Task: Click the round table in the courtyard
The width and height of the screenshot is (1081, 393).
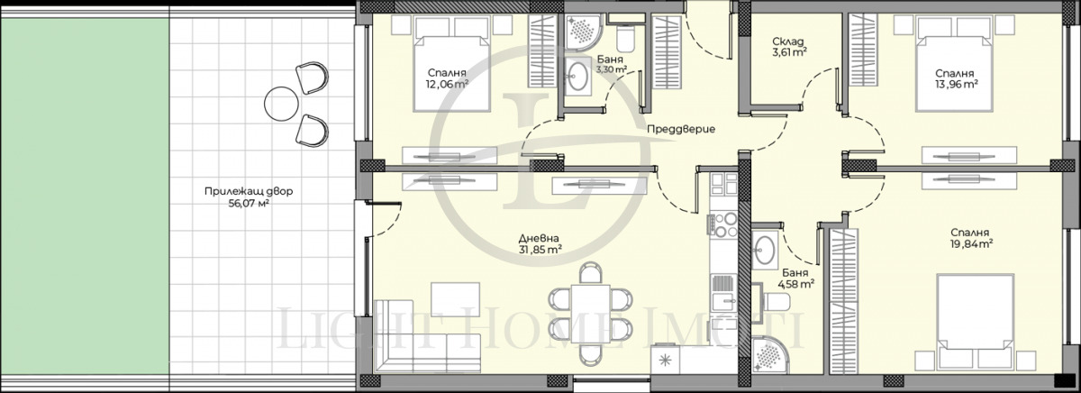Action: (x=281, y=104)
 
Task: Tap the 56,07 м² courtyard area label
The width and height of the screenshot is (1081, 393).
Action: (x=249, y=204)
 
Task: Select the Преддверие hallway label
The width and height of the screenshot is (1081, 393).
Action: (x=681, y=130)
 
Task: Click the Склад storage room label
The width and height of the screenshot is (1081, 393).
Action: (x=788, y=41)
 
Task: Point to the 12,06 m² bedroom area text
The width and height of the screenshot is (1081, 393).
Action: (x=447, y=85)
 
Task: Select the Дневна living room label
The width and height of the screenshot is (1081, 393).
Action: (x=539, y=239)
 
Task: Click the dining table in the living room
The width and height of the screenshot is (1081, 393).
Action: (x=591, y=314)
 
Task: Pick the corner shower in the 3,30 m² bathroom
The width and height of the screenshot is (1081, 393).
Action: (x=583, y=32)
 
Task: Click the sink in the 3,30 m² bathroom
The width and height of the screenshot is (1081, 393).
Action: (x=577, y=78)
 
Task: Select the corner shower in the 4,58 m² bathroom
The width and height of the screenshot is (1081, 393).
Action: (x=769, y=355)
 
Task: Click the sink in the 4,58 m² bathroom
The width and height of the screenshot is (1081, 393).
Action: (x=765, y=250)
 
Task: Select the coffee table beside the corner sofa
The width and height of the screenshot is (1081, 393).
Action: (x=456, y=300)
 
